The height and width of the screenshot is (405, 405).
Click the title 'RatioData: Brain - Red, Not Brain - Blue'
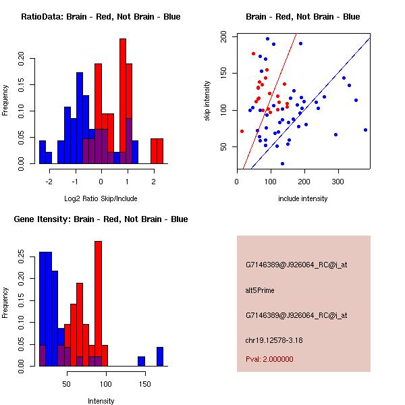pos(101,17)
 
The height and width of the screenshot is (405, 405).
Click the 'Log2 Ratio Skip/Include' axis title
pos(101,198)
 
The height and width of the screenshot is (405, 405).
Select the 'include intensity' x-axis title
pos(303,198)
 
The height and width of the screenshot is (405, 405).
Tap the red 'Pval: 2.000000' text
pos(269,359)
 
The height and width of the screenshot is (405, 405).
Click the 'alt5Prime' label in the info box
pos(260,290)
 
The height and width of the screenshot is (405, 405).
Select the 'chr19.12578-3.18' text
pos(273,340)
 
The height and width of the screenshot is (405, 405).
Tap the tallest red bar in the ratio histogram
pos(123,101)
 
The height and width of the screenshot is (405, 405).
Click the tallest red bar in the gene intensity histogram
pos(98,304)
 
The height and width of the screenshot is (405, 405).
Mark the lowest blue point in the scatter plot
pos(282,163)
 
